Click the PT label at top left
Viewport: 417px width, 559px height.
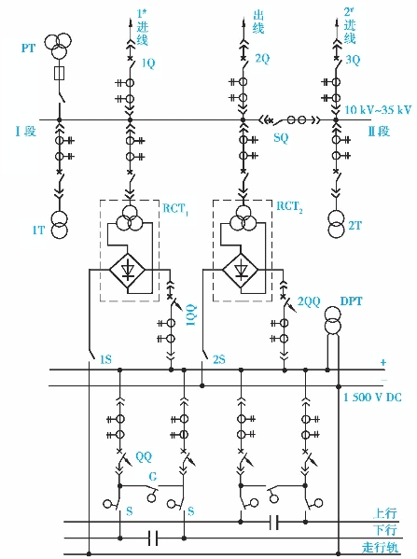point(28,48)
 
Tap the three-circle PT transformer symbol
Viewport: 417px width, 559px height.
point(58,46)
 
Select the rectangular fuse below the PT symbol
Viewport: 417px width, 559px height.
point(59,74)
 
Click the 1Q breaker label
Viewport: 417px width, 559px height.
point(148,63)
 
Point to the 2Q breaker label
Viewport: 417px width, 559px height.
point(262,59)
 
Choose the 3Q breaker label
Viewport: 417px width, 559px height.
point(353,60)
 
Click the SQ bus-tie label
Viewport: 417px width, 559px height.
point(281,137)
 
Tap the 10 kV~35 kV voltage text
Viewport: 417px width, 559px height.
point(378,109)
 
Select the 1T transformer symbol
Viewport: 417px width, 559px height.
point(59,225)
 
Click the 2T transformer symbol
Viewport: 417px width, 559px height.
point(336,225)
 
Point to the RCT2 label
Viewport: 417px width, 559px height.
point(289,207)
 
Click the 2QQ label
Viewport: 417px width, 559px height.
point(309,301)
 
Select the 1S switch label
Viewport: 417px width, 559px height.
point(105,359)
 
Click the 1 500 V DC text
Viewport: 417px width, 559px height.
point(372,398)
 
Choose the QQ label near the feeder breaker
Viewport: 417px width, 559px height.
point(144,456)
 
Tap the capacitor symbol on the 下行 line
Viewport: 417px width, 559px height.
point(153,538)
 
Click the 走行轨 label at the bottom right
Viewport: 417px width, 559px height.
point(380,547)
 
